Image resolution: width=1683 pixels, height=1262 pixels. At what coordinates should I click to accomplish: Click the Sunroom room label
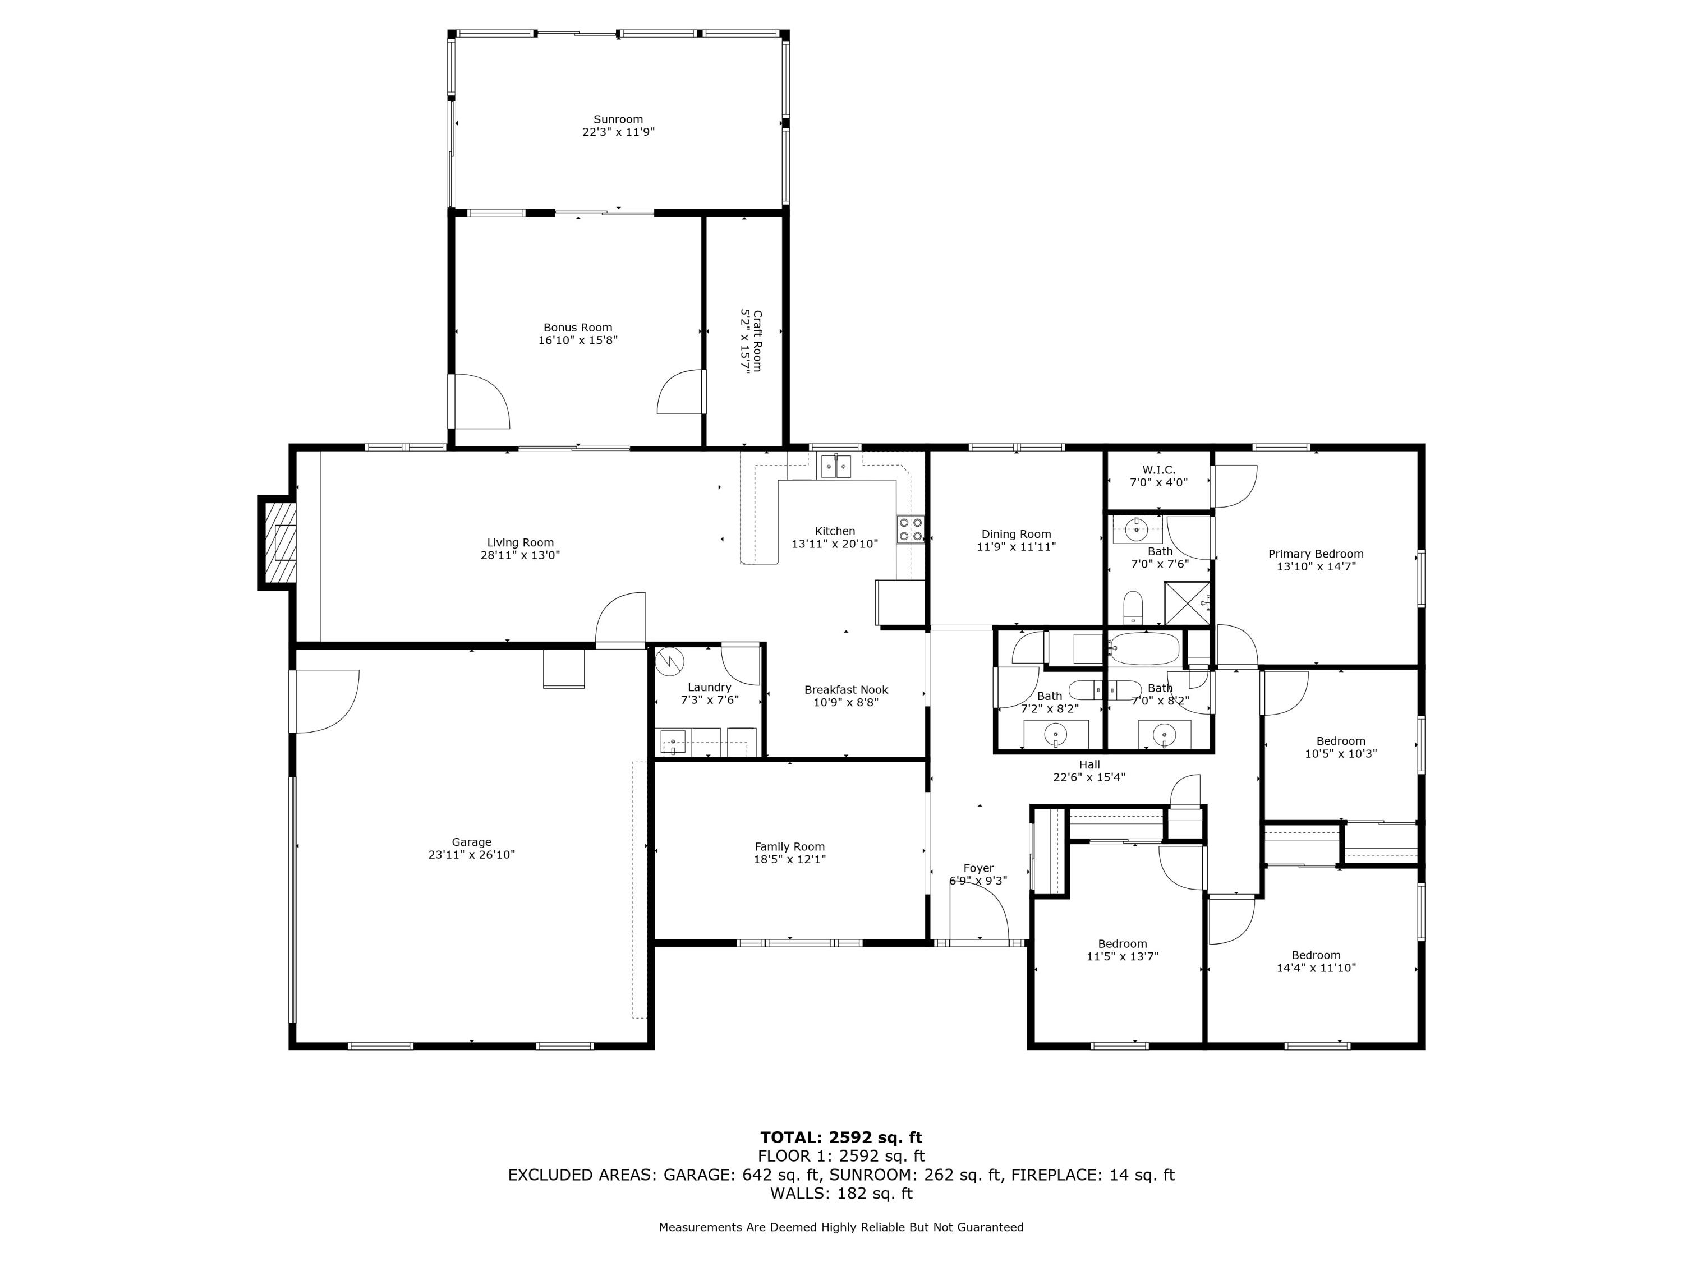click(618, 119)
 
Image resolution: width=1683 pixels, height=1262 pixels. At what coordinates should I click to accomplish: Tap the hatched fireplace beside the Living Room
click(278, 542)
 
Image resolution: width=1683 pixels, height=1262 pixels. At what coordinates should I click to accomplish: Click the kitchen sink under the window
click(835, 465)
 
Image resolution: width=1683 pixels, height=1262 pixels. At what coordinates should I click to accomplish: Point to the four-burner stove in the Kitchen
click(911, 529)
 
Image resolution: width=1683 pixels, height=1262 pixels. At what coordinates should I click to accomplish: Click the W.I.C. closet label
click(1158, 470)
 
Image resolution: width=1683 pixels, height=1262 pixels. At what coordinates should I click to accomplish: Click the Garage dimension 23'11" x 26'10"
click(472, 854)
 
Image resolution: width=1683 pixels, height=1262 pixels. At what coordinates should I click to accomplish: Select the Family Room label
click(789, 846)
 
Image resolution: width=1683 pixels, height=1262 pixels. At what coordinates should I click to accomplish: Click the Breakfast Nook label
click(846, 690)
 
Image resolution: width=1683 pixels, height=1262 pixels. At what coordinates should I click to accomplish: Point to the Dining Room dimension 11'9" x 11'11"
click(1016, 546)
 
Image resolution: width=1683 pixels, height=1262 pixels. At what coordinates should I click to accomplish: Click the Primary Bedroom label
click(1316, 554)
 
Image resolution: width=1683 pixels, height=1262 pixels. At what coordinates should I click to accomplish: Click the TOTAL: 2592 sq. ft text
click(841, 1137)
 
